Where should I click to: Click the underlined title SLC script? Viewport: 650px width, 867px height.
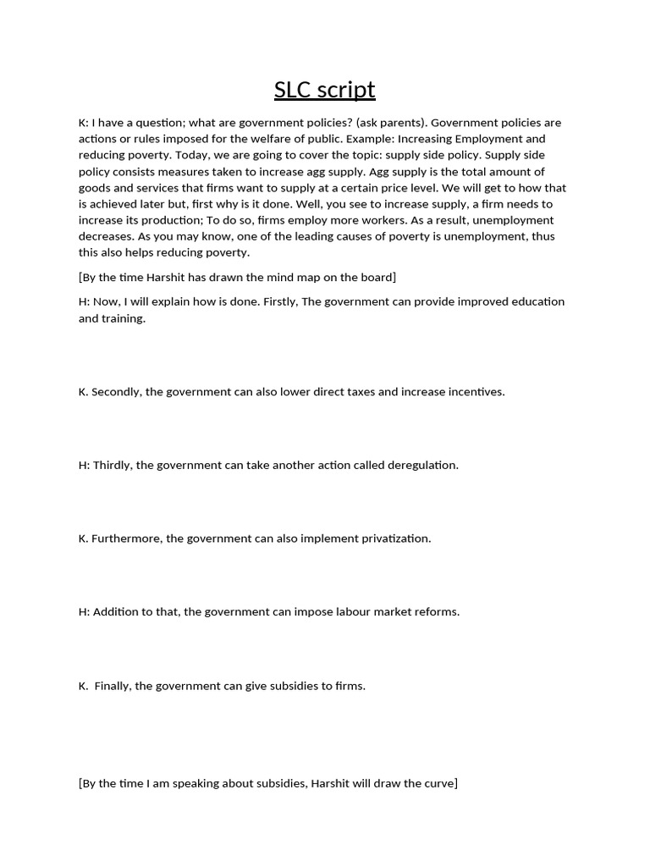tap(324, 90)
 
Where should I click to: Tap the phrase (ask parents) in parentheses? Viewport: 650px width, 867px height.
tap(392, 123)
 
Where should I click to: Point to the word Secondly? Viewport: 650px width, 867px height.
tap(116, 392)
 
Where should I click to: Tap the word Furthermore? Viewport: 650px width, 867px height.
tap(126, 538)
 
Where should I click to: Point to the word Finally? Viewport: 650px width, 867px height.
tap(112, 686)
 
